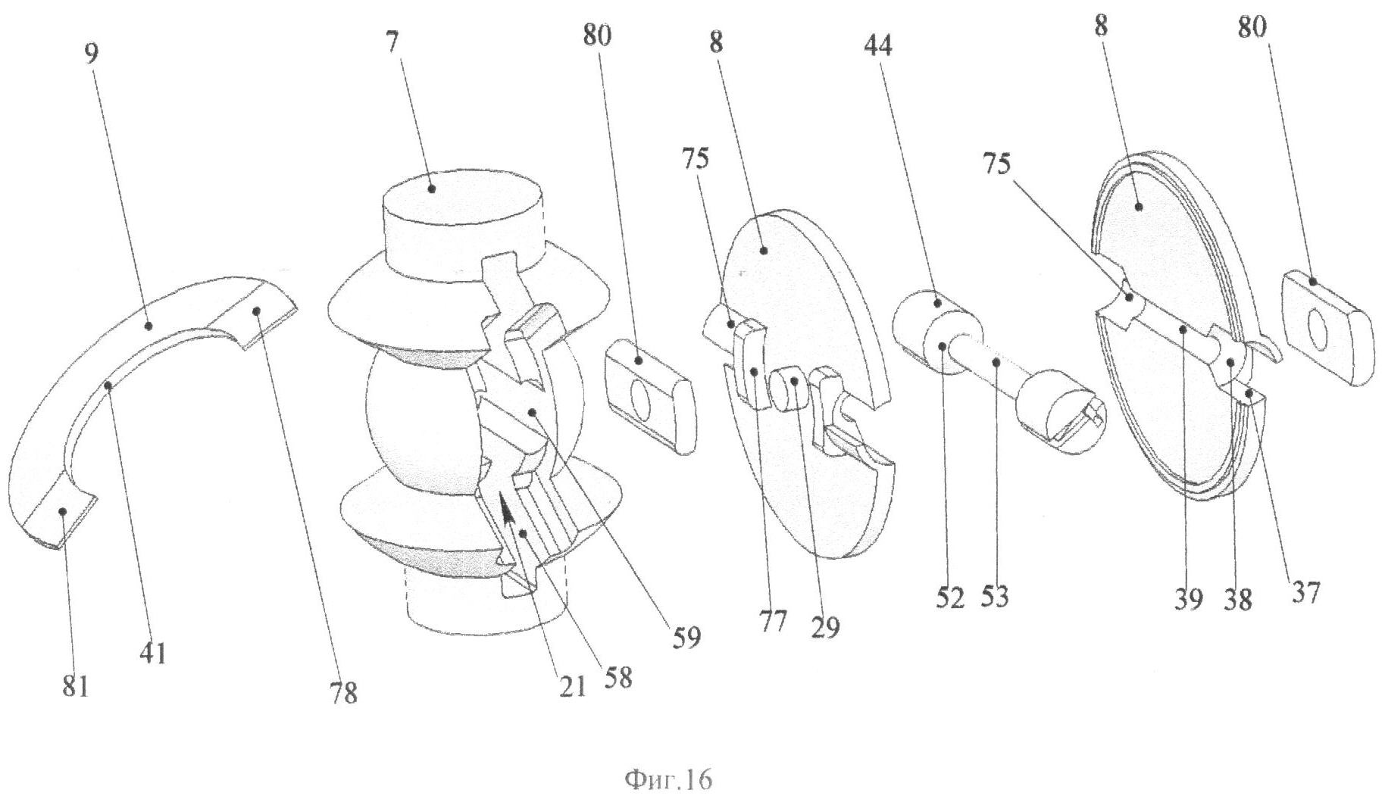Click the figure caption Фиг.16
click(x=667, y=779)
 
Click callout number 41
click(x=153, y=651)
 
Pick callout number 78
click(x=343, y=691)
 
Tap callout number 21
click(x=573, y=686)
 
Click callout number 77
click(x=773, y=621)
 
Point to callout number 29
click(x=825, y=626)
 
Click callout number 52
click(x=949, y=598)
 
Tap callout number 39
click(x=1188, y=599)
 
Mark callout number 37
click(x=1305, y=591)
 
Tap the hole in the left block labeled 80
click(x=639, y=400)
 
